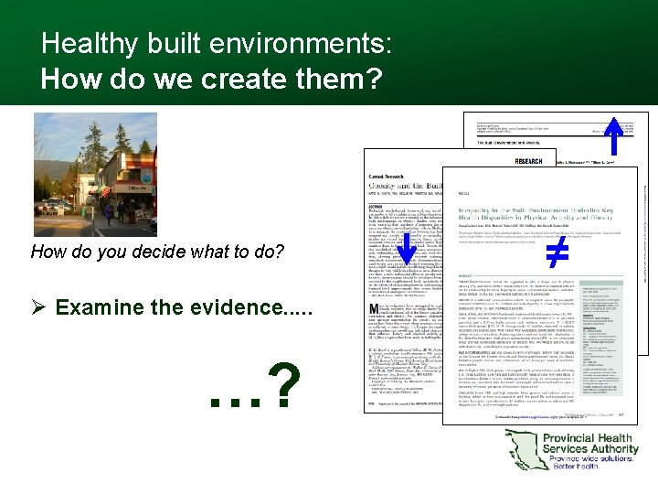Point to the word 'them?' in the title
335,80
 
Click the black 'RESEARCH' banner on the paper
528,160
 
